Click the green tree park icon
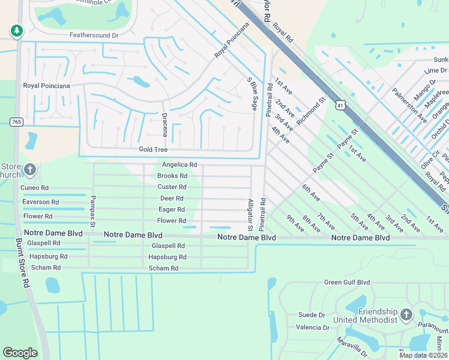coord(16,30)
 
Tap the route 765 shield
coord(16,122)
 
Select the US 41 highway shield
coord(340,106)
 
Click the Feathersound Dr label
coord(94,35)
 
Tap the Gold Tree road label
coord(153,149)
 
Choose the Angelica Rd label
coord(179,164)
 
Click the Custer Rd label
coord(172,187)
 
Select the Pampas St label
coord(93,211)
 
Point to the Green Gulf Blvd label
coord(347,282)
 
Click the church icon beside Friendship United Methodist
coord(406,314)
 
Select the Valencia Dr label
coord(312,328)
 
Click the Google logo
coord(20,353)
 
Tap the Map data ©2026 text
coord(423,355)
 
